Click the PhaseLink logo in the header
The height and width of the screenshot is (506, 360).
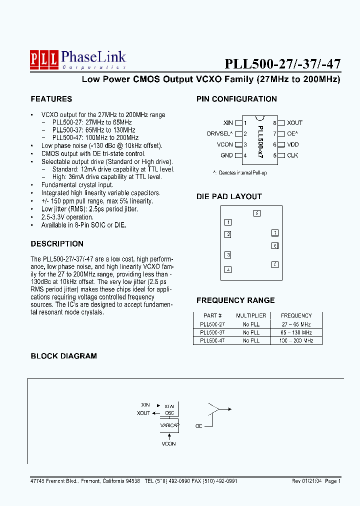tap(77, 59)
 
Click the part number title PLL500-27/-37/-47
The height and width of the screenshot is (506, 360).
tap(282, 64)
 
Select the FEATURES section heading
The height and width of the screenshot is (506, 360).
tap(51, 99)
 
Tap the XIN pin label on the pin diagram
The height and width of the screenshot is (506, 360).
tap(228, 122)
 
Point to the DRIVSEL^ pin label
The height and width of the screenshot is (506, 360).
tap(219, 133)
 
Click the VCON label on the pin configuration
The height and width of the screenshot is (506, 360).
tap(225, 144)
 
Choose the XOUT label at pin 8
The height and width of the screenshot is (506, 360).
tap(295, 122)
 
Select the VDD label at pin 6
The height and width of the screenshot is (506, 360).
tap(293, 144)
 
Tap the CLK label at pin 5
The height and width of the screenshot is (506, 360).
tap(293, 155)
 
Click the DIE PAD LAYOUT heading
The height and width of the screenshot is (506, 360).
tap(229, 196)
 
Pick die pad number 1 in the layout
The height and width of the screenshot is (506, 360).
tap(228, 222)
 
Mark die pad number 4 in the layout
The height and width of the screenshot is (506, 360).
tap(228, 269)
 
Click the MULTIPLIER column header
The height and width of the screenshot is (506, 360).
tap(251, 315)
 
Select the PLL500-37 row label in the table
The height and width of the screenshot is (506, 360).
tap(212, 332)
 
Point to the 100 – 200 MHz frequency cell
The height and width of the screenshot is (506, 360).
tap(296, 340)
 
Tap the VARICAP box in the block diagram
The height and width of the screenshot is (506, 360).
tap(169, 425)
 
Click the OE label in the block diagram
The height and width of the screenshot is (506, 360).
tap(198, 426)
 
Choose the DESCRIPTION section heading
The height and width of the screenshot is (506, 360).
tap(57, 244)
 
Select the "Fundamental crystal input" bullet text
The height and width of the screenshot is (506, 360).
tap(77, 185)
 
